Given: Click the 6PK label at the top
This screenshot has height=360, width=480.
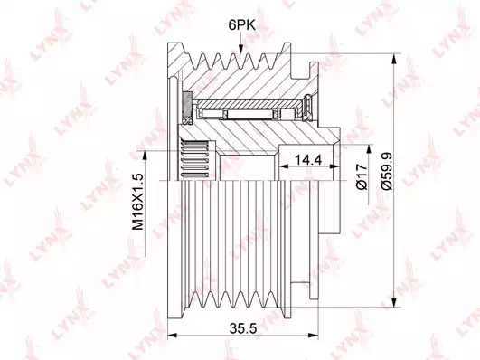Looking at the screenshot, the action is [x=241, y=25].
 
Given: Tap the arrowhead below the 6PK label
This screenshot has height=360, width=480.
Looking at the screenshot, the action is [x=241, y=50].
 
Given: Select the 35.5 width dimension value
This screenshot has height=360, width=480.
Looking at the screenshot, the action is [x=243, y=329].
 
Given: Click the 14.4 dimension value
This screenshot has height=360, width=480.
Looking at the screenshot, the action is [x=308, y=159].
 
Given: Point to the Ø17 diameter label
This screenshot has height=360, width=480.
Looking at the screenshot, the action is [x=362, y=176].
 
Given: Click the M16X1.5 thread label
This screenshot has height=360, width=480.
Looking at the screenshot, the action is [x=137, y=202].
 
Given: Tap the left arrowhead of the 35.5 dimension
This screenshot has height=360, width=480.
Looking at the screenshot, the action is [x=173, y=336].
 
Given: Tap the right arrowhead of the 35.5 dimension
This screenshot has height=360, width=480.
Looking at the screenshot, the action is [x=314, y=336].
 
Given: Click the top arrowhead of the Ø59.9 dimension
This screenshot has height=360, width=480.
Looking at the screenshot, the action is [x=395, y=59].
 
